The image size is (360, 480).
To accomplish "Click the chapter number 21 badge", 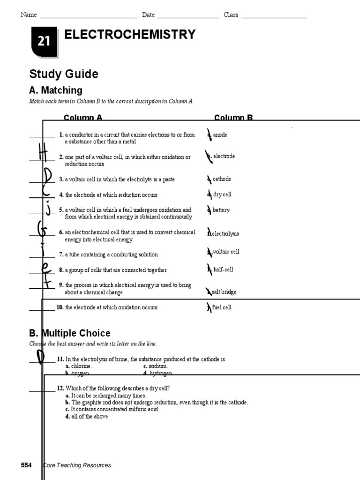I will tap(44, 41).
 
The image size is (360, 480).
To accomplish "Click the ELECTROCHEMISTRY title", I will tap(129, 34).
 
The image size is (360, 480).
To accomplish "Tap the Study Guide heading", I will tap(64, 74).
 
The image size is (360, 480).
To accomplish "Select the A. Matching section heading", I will tap(55, 90).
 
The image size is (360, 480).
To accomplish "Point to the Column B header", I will tap(233, 118).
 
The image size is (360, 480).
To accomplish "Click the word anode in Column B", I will tap(219, 135).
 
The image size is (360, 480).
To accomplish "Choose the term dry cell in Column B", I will tap(222, 195).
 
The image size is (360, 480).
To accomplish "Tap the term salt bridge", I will tap(224, 292).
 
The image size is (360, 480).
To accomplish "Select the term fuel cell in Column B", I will tap(222, 307).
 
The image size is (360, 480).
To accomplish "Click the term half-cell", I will tap(223, 270).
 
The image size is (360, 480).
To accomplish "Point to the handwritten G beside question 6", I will tap(42, 230).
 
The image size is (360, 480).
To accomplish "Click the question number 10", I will tap(60, 307).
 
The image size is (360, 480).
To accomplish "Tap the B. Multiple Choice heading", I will tap(69, 333).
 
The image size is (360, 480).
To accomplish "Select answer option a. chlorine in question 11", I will tap(79, 366).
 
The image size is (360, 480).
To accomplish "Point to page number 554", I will tap(26, 465).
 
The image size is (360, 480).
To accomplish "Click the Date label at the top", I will tap(148, 15).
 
